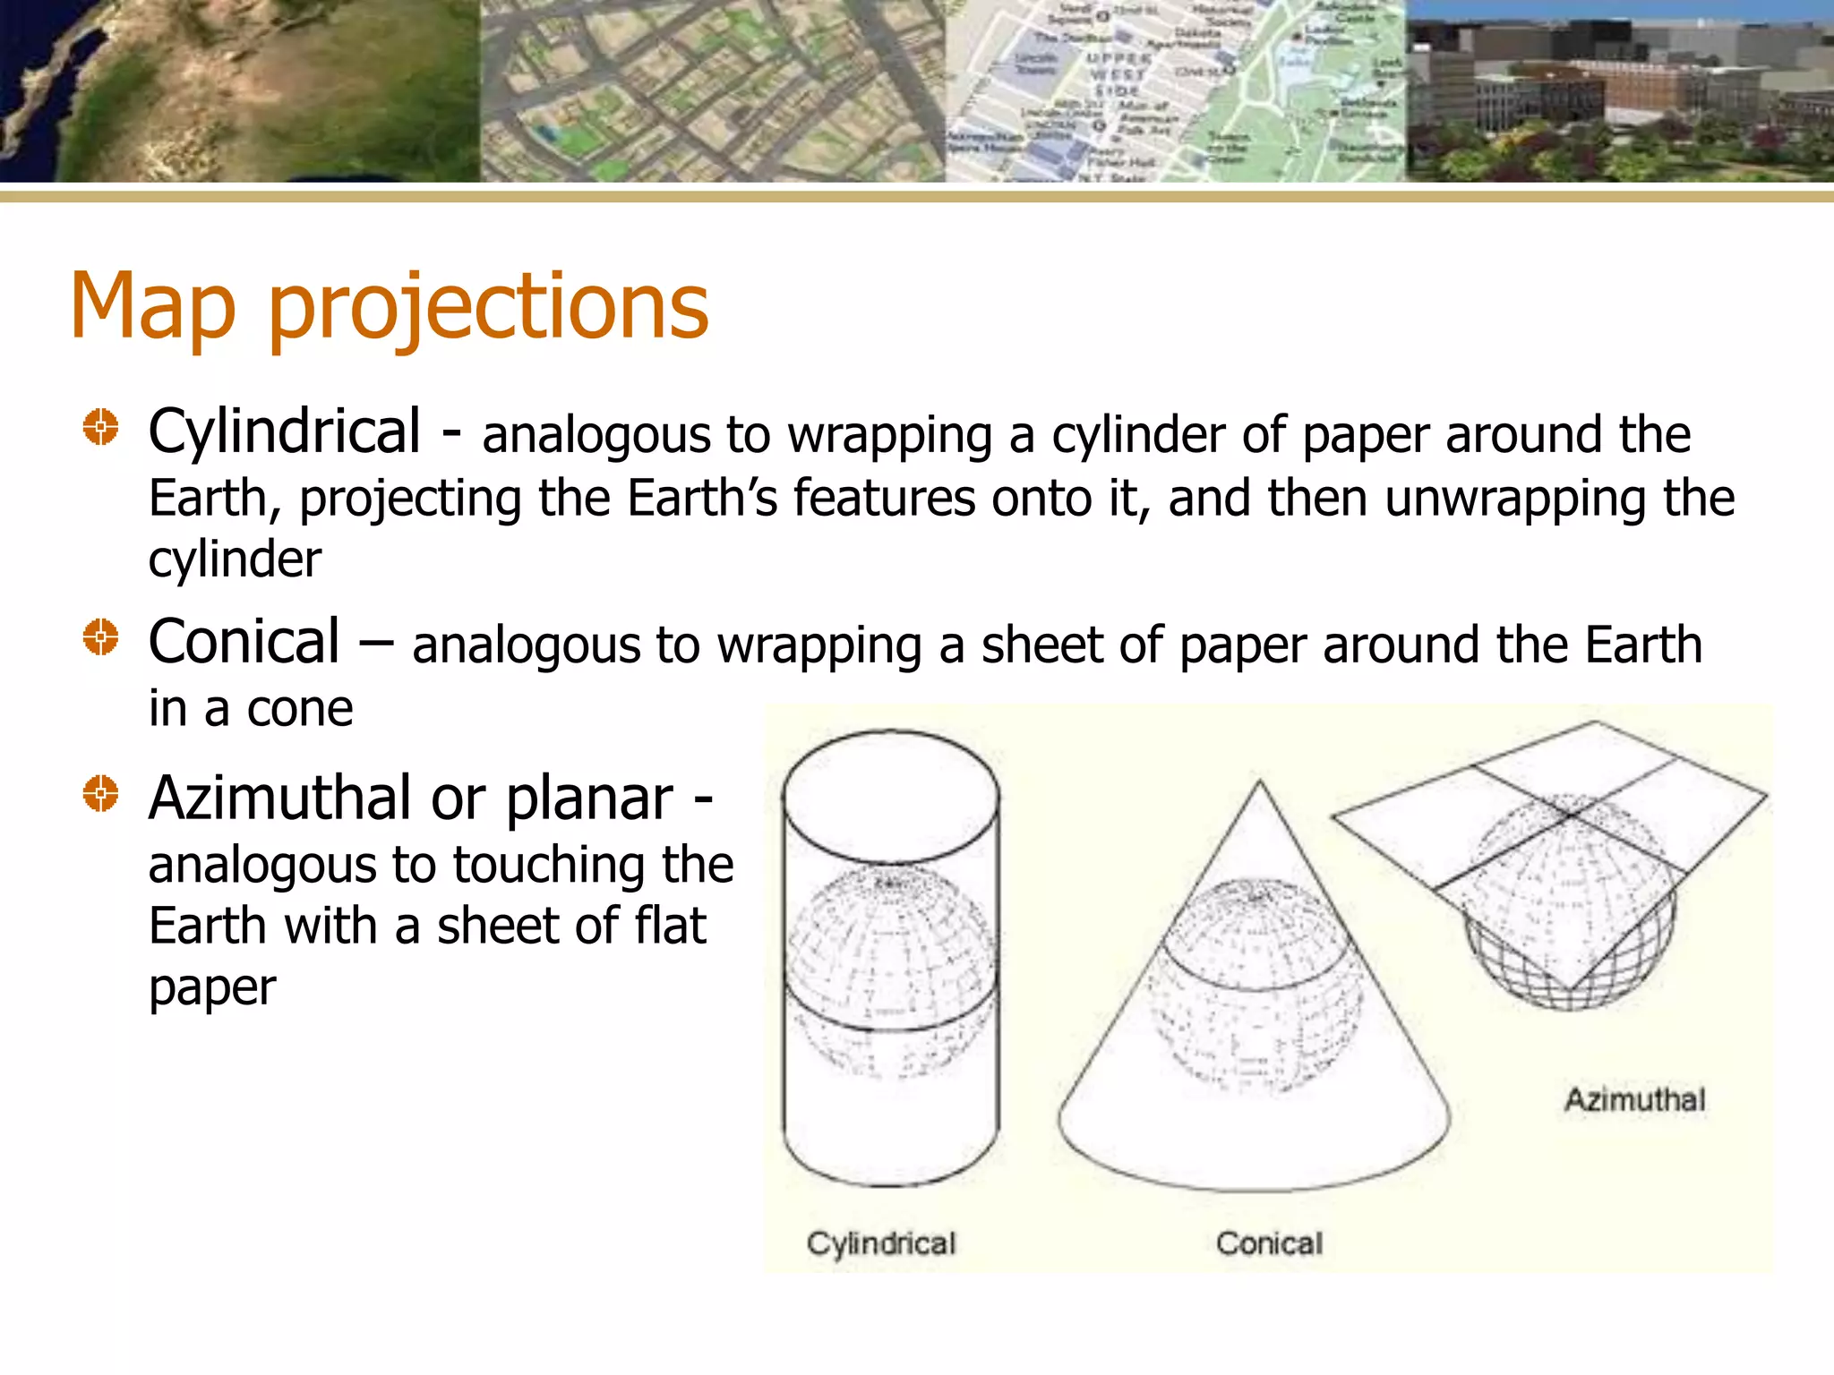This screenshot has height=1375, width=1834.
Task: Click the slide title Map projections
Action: tap(390, 306)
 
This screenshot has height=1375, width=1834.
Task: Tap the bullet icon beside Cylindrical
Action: tap(100, 427)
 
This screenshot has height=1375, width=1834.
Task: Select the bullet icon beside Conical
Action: tap(100, 637)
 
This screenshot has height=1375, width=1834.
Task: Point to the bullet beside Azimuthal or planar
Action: tap(100, 793)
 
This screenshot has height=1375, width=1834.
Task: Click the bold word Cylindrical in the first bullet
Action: tap(284, 431)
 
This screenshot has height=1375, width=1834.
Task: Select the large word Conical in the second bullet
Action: tap(244, 641)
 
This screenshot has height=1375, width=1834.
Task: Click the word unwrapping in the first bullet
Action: tap(1514, 498)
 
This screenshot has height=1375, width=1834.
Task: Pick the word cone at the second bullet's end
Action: tap(300, 709)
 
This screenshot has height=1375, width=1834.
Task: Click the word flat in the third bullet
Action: tap(670, 926)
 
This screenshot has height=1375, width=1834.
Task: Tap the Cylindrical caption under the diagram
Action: tap(881, 1243)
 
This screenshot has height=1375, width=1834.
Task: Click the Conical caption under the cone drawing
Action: tap(1269, 1243)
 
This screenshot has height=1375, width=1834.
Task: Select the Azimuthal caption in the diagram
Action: tap(1634, 1098)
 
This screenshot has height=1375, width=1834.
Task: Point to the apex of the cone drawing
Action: tap(1260, 782)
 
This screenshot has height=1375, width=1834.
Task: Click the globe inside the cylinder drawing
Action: tap(890, 971)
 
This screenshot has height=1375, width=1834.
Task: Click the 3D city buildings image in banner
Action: tap(1619, 90)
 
